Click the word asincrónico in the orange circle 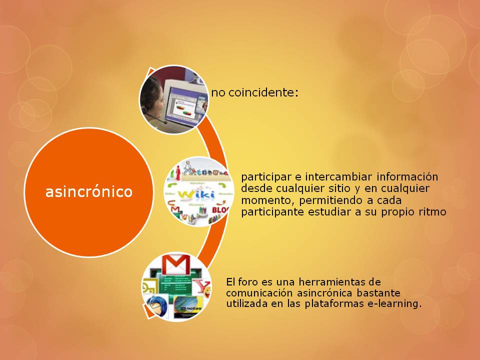pos(89,192)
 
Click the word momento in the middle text pos(262,200)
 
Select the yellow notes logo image pos(188,306)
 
